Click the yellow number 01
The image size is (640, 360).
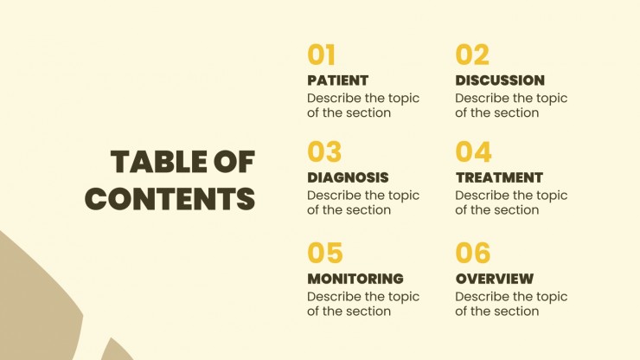tap(321, 55)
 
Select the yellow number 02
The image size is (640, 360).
tap(472, 55)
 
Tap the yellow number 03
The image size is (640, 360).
tap(324, 151)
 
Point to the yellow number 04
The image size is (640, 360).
tap(473, 151)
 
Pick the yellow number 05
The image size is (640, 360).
tap(325, 253)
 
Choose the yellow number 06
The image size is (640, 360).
tap(473, 253)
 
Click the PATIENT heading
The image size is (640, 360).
tap(338, 80)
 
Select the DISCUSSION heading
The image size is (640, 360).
tap(500, 80)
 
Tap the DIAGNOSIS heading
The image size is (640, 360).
tap(348, 177)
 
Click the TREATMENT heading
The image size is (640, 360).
tap(499, 177)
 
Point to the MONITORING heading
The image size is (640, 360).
tap(355, 279)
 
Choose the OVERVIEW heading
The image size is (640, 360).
tap(495, 279)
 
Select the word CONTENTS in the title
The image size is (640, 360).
tap(170, 198)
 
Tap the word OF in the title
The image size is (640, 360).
tap(234, 162)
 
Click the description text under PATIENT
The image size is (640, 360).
tap(363, 106)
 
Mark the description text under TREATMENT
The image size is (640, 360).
tap(511, 202)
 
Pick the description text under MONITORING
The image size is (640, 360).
tap(363, 304)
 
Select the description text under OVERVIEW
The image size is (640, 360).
tap(511, 304)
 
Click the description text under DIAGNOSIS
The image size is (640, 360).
tap(363, 202)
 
